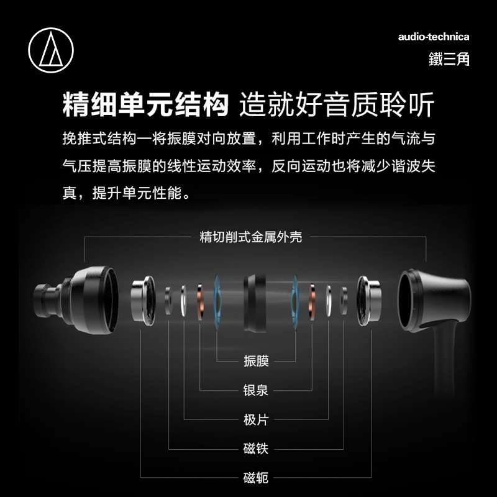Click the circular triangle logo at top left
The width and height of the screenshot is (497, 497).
coord(51,50)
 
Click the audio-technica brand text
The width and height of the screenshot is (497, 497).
coord(433,37)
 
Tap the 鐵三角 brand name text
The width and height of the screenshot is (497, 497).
coord(449,59)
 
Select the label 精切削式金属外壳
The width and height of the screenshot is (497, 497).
coord(250,237)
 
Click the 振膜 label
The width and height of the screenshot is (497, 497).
coord(256,361)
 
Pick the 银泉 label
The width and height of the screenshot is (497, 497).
coord(256,390)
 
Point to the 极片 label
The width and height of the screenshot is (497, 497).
coord(256,419)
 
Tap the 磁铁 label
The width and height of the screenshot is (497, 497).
coord(256,449)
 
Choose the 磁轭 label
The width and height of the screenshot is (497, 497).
coord(256,478)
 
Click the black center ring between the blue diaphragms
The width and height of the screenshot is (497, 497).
coord(255,304)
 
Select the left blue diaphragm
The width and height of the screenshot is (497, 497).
coord(217,302)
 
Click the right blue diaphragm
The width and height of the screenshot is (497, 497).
coord(294,302)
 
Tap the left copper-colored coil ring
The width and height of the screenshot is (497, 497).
coord(200,302)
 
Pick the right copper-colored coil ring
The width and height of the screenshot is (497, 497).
coord(312,302)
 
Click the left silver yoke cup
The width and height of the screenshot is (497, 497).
coord(144,301)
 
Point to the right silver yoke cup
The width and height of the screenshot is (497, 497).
coord(368,301)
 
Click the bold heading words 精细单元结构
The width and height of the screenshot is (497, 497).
coord(145,104)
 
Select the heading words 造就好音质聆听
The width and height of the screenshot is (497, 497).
coord(337,104)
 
